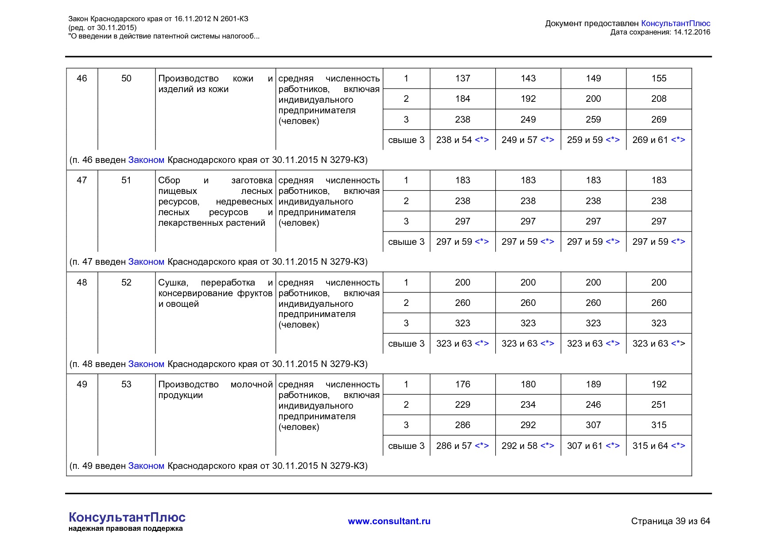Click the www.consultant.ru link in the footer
[x=389, y=521]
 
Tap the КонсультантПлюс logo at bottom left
[x=127, y=518]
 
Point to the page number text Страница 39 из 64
[x=670, y=521]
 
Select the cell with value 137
[x=462, y=78]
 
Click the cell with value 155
[x=659, y=78]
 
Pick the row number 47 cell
[x=82, y=180]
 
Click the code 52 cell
[x=126, y=282]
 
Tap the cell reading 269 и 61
[x=659, y=140]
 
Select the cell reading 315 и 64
[x=659, y=446]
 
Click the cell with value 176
[x=462, y=384]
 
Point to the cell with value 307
[x=593, y=425]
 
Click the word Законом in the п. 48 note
[x=146, y=364]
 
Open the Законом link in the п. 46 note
[x=146, y=160]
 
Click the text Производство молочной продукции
[x=215, y=390]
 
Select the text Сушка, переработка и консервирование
[x=215, y=293]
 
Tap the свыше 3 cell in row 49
[x=406, y=446]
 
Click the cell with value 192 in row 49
[x=659, y=384]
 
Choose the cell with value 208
[x=659, y=99]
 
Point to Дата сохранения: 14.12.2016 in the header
[x=660, y=32]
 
